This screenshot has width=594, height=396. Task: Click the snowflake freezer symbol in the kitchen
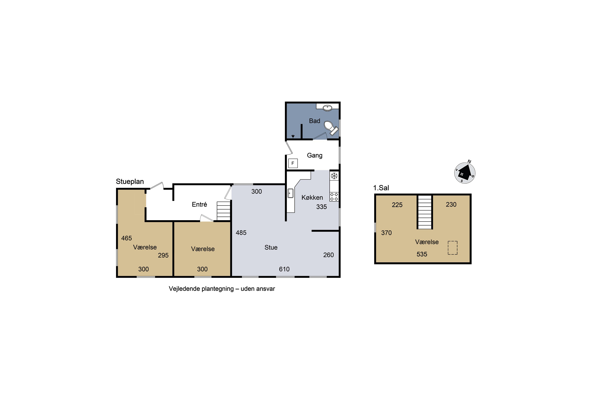point(334,176)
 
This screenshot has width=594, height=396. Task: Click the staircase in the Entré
point(224,211)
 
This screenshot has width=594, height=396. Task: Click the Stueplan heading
point(130,182)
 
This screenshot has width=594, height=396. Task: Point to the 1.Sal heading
point(381,188)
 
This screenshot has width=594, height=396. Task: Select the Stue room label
point(271,247)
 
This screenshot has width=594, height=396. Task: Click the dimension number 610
point(284,269)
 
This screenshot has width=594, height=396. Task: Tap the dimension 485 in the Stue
point(241,233)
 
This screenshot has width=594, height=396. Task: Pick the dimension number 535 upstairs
point(422,254)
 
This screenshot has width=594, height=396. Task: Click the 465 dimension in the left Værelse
point(127,238)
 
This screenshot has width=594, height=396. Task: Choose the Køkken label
point(312,197)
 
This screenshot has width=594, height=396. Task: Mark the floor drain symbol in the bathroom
point(293,136)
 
